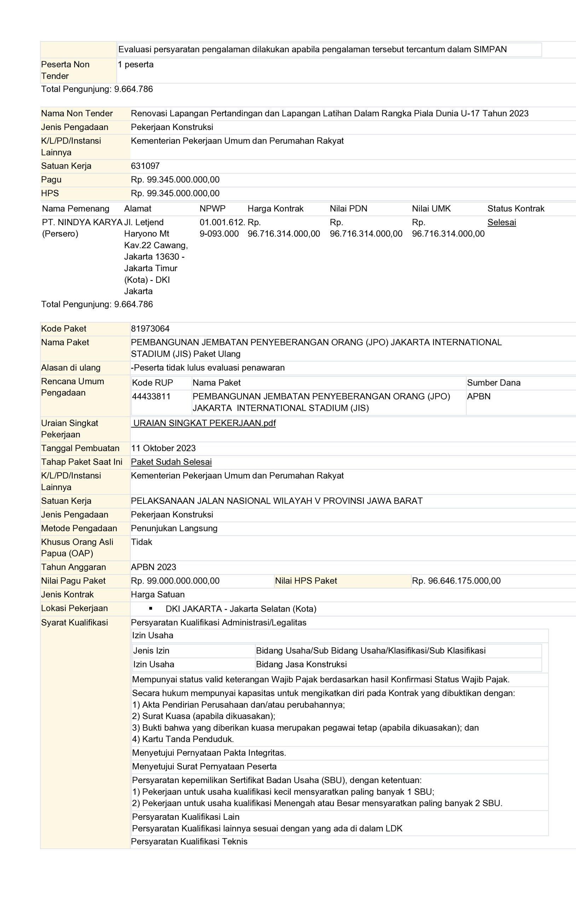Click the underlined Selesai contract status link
pyautogui.click(x=501, y=222)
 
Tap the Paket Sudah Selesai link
pyautogui.click(x=171, y=462)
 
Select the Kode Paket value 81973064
pyautogui.click(x=150, y=328)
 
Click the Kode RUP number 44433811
pyautogui.click(x=151, y=396)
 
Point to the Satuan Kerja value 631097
pyautogui.click(x=145, y=166)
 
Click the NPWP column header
pyautogui.click(x=213, y=209)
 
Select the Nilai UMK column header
pyautogui.click(x=431, y=209)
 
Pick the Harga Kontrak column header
pyautogui.click(x=275, y=209)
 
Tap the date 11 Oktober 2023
pyautogui.click(x=163, y=448)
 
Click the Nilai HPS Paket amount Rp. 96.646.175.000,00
pyautogui.click(x=456, y=581)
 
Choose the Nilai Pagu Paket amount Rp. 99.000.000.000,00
pyautogui.click(x=175, y=581)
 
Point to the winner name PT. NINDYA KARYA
pyautogui.click(x=82, y=222)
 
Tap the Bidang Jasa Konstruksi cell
pyautogui.click(x=301, y=664)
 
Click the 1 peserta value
pyautogui.click(x=135, y=64)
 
